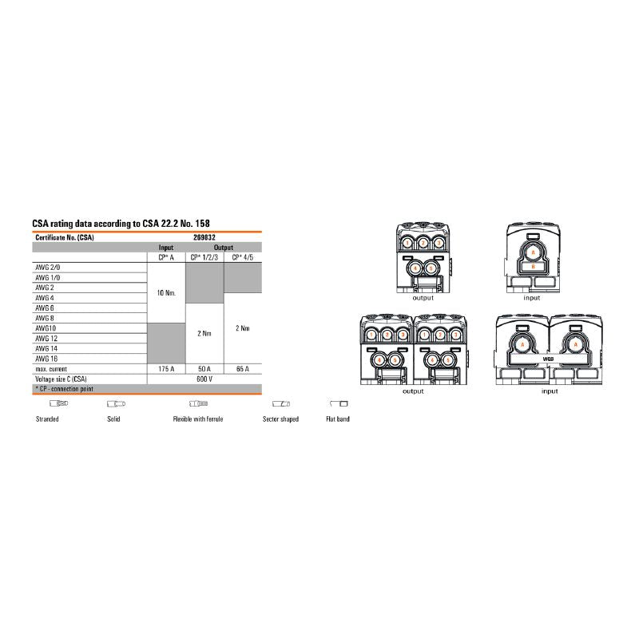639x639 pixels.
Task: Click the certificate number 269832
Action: click(205, 238)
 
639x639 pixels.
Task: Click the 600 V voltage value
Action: click(205, 379)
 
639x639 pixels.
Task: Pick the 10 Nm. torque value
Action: click(166, 293)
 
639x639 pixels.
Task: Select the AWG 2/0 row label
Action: click(46, 267)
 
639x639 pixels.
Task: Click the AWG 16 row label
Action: click(45, 359)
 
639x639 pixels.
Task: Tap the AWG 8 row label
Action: click(44, 318)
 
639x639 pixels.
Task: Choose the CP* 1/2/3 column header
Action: click(205, 256)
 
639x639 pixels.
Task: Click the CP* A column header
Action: click(166, 256)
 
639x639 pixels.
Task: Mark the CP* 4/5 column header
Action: click(243, 256)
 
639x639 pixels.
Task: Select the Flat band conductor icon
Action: click(339, 403)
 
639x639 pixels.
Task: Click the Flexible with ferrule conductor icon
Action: click(198, 403)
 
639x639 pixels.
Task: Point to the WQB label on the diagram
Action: click(548, 359)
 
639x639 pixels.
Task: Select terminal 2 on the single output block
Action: click(423, 241)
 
